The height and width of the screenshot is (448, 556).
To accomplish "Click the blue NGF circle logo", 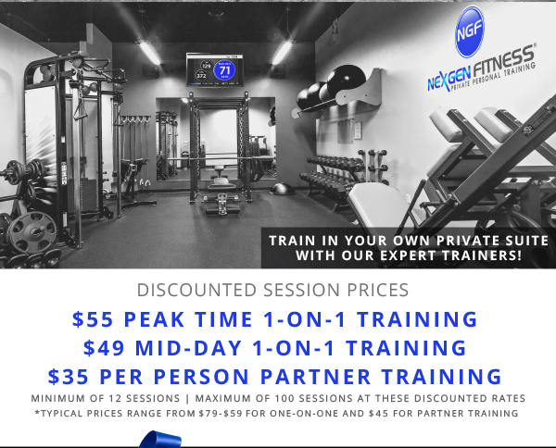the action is click(x=470, y=31).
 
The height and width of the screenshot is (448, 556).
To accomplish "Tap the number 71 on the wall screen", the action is click(x=225, y=70).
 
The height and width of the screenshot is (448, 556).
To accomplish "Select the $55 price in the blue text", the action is click(x=93, y=319).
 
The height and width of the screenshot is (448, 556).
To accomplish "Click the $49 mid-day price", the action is click(x=104, y=347).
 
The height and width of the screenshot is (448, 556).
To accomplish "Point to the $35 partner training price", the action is click(x=68, y=376).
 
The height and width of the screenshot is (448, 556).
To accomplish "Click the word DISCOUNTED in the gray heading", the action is click(x=196, y=290).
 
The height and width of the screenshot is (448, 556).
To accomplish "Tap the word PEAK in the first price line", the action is click(x=154, y=319).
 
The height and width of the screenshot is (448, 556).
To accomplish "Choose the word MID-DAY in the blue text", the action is click(x=189, y=347).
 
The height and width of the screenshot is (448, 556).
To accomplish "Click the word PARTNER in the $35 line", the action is click(x=316, y=376).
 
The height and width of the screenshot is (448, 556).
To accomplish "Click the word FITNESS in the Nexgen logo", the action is click(x=503, y=61).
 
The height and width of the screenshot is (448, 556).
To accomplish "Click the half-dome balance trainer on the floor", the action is click(x=283, y=189).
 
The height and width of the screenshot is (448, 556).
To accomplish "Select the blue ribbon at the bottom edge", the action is click(x=160, y=439).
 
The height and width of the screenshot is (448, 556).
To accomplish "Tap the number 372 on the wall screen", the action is click(x=201, y=75).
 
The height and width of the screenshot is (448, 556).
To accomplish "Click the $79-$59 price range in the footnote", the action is click(x=221, y=414).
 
